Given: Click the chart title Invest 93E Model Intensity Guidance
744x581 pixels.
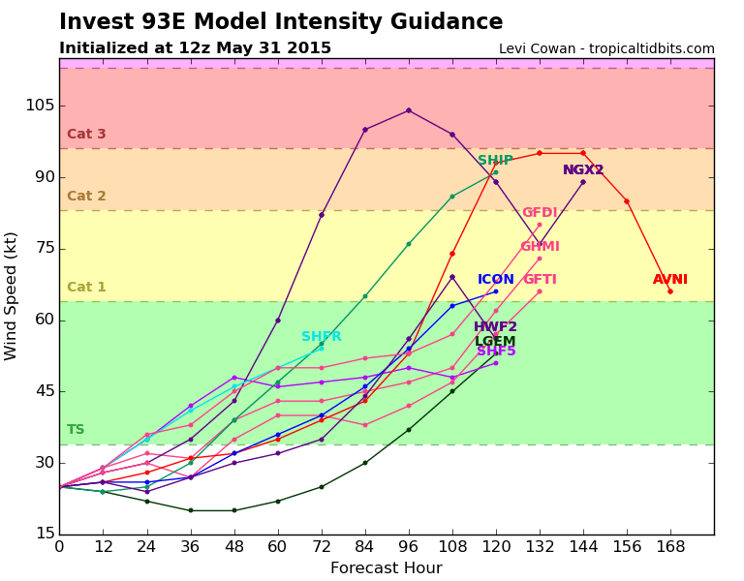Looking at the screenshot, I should pos(281,22).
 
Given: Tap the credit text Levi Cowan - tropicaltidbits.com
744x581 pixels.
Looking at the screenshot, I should pos(606,48).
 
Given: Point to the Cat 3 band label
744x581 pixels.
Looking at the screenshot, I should pos(86,135).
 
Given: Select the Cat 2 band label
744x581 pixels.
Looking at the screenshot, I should pos(86,197).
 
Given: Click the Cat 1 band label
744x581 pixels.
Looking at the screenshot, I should pos(86,288).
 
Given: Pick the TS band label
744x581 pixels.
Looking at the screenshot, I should pos(76,430).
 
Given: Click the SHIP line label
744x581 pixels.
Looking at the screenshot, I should pos(495,161).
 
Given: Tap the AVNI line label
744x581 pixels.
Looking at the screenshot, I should pos(670,280).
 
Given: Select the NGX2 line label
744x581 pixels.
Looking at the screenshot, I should pos(583,170).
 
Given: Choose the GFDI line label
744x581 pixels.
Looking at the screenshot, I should pos(540,213).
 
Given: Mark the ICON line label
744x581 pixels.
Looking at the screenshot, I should pos(496,280).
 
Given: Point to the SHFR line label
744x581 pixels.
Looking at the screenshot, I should pos(322,337).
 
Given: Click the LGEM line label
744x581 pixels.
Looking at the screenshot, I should pos(495,342).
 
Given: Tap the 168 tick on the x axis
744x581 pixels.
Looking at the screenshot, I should pos(670,547).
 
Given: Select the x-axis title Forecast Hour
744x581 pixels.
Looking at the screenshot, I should pos(387,568).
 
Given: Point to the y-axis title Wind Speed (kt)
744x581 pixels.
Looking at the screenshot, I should pos(12,295).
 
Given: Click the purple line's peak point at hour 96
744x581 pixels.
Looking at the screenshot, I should pos(408,110).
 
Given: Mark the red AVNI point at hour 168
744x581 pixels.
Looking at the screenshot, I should pos(669,291).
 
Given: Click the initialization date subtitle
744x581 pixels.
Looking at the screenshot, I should pos(195,48).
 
